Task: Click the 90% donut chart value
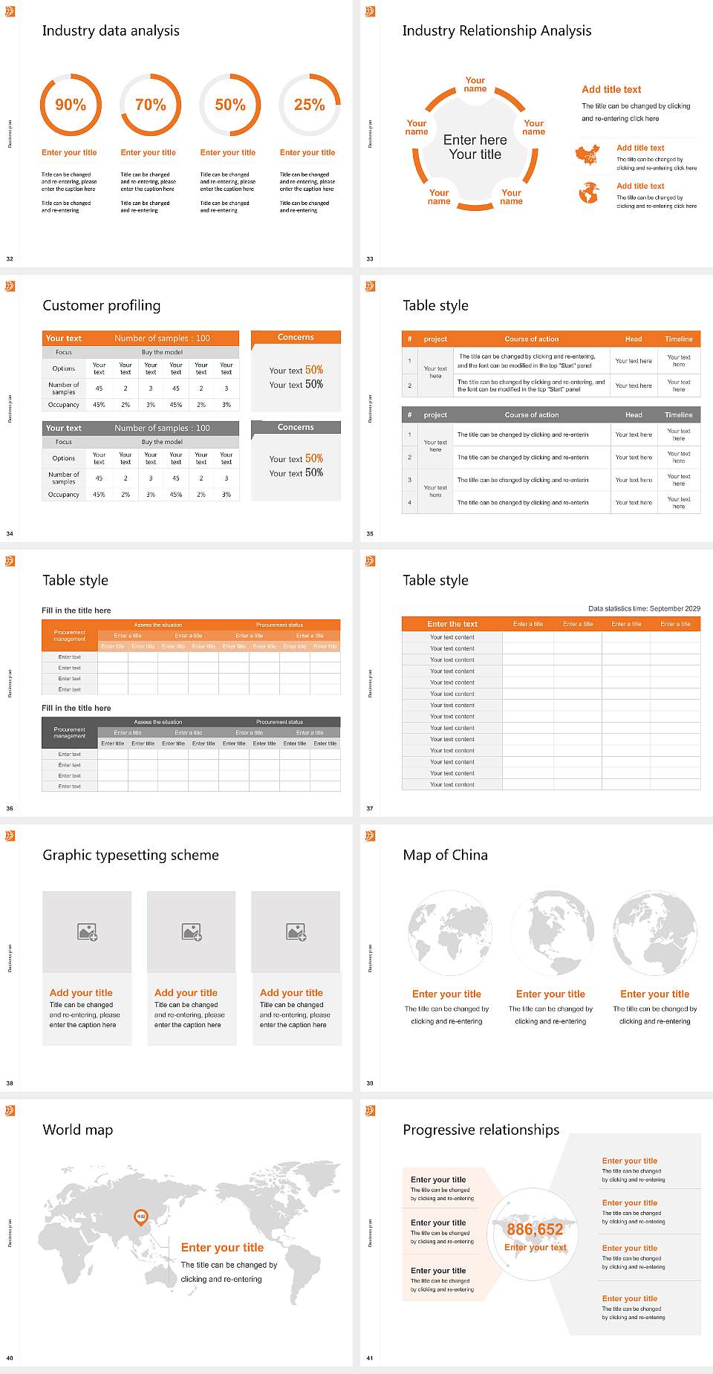(71, 105)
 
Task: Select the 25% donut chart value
(309, 105)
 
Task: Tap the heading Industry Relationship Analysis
(496, 30)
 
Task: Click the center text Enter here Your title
(475, 147)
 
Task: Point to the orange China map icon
(587, 155)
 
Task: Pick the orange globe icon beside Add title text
(589, 193)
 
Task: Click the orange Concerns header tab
(296, 337)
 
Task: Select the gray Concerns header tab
(296, 427)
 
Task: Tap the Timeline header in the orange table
(678, 339)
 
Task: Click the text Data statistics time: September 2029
(644, 608)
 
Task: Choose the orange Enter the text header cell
(452, 624)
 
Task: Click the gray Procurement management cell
(69, 732)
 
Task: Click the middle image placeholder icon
(192, 932)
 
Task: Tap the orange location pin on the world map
(140, 1217)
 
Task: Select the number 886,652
(535, 1229)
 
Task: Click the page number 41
(370, 1358)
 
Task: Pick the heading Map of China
(445, 855)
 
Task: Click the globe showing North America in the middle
(550, 934)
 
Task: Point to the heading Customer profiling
(101, 305)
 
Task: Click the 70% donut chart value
(150, 105)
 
